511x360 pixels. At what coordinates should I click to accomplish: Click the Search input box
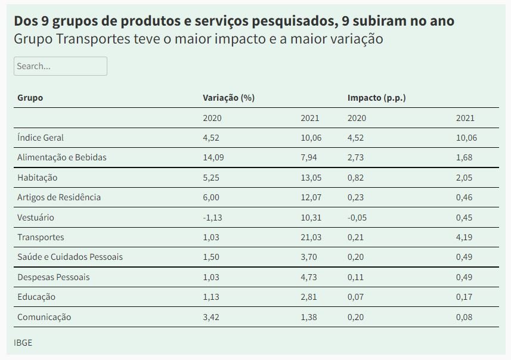click(60, 66)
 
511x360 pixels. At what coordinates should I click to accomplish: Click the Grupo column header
click(30, 98)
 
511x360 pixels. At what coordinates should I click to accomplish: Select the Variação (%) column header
click(228, 98)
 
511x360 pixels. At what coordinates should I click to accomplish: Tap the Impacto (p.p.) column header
click(376, 98)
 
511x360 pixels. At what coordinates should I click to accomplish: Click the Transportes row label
click(41, 237)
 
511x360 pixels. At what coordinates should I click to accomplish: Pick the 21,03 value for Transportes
click(311, 237)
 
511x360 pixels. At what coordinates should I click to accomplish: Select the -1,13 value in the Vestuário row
click(212, 218)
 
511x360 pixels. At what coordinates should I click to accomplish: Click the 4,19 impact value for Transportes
click(464, 237)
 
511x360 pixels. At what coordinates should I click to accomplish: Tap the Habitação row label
click(37, 178)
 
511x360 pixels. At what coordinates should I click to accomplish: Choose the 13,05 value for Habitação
click(311, 178)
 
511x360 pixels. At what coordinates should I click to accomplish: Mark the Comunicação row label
click(44, 317)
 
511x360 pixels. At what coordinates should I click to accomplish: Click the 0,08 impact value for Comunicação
click(464, 317)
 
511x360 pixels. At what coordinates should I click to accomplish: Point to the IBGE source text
click(23, 343)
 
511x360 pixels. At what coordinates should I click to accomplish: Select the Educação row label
click(36, 297)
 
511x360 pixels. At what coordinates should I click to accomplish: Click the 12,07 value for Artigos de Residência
click(311, 197)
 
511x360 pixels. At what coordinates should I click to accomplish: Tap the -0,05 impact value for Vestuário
click(357, 218)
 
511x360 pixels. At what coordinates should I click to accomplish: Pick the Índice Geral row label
click(41, 138)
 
